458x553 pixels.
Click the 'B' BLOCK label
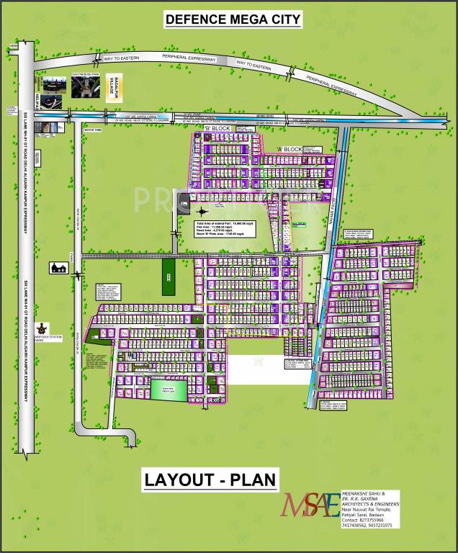point(215,129)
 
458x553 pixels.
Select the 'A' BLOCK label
point(288,149)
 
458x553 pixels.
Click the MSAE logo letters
point(310,505)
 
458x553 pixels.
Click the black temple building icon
point(58,268)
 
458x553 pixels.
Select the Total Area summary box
point(228,231)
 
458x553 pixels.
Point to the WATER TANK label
point(94,130)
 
